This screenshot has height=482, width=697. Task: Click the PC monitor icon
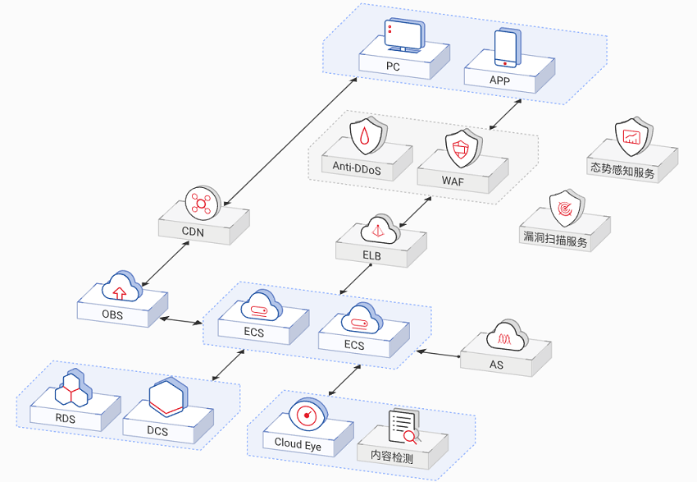404,38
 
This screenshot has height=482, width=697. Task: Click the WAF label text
453,181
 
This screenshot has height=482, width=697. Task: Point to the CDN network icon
198,203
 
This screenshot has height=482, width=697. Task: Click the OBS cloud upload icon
120,287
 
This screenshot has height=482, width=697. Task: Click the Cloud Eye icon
308,415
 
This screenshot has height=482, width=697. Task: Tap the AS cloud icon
506,335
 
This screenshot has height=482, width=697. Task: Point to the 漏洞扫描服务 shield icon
566,209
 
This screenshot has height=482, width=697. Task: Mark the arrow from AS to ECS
439,354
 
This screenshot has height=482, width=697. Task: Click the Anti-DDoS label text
358,167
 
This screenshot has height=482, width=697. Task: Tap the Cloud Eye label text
298,443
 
